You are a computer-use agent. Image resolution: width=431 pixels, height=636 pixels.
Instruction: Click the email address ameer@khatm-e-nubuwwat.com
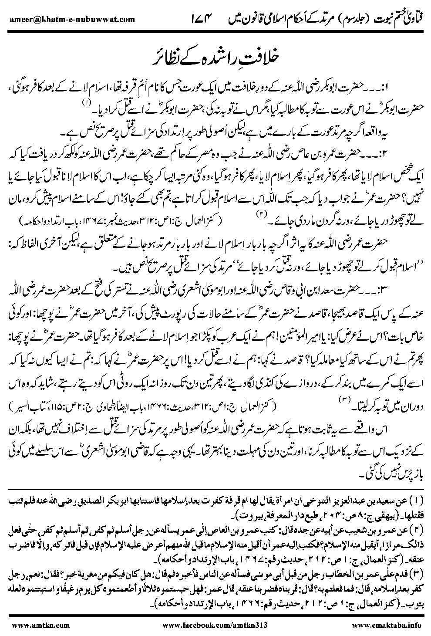click(70, 19)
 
